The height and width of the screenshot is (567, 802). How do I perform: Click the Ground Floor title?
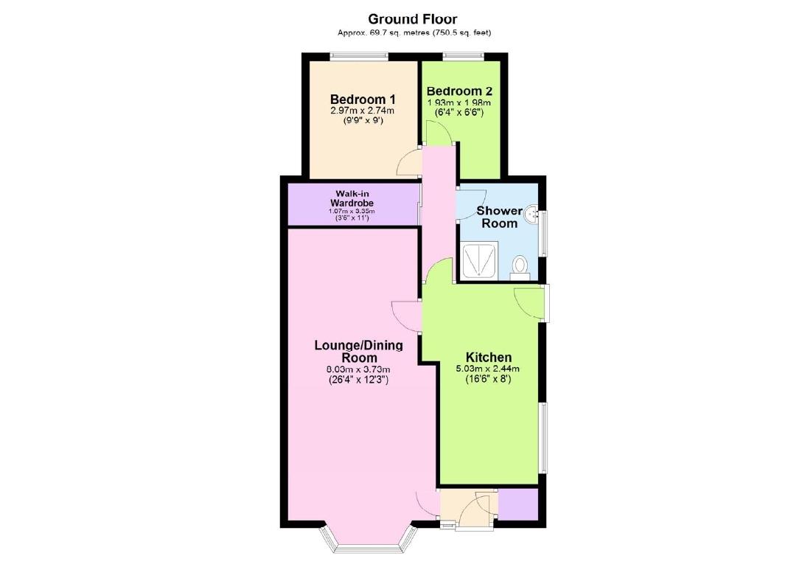pyautogui.click(x=414, y=18)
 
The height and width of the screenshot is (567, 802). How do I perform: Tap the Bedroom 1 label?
pyautogui.click(x=363, y=100)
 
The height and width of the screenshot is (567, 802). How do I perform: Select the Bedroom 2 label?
pyautogui.click(x=458, y=91)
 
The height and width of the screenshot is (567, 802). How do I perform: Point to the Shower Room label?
pyautogui.click(x=499, y=217)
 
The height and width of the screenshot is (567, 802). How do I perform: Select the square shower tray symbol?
pyautogui.click(x=479, y=261)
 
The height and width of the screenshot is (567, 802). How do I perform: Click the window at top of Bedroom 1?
pyautogui.click(x=359, y=55)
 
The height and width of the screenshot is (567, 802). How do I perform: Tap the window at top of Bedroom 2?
pyautogui.click(x=464, y=55)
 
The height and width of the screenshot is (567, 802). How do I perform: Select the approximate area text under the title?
pyautogui.click(x=414, y=32)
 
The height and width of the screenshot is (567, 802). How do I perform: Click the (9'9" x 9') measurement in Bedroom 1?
pyautogui.click(x=363, y=122)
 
